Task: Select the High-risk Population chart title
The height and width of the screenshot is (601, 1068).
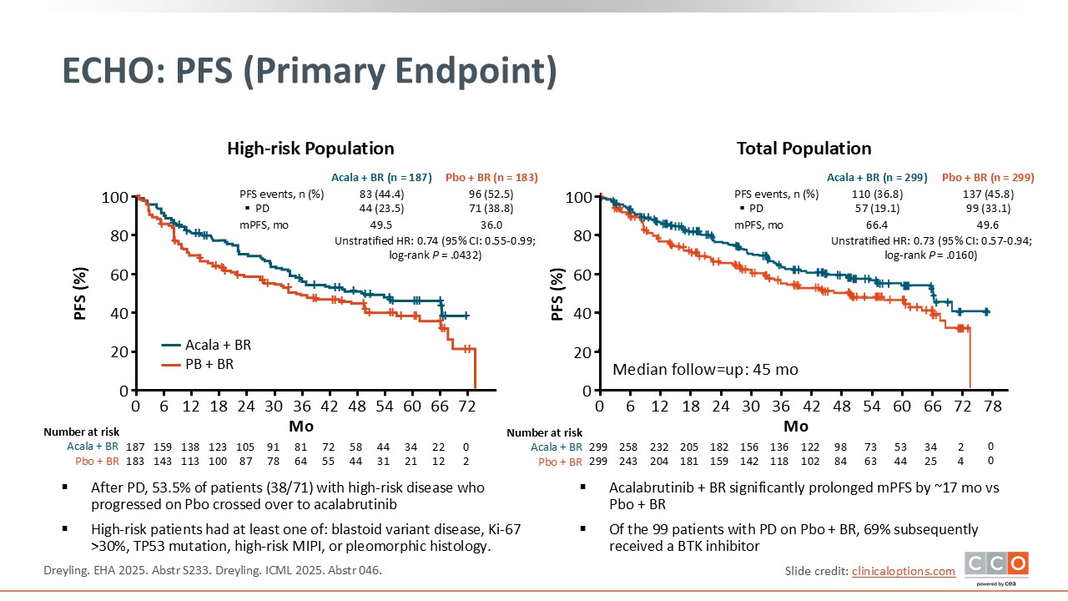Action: point(310,149)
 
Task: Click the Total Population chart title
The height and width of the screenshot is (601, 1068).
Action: point(804,149)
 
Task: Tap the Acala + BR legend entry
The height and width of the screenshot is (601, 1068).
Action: point(206,345)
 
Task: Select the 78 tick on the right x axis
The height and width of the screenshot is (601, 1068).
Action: point(993,406)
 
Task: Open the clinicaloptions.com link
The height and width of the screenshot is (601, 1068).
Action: point(903,571)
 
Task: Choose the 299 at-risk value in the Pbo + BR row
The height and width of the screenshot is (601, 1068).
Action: point(599,462)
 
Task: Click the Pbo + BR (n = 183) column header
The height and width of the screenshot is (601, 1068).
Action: point(491,178)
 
